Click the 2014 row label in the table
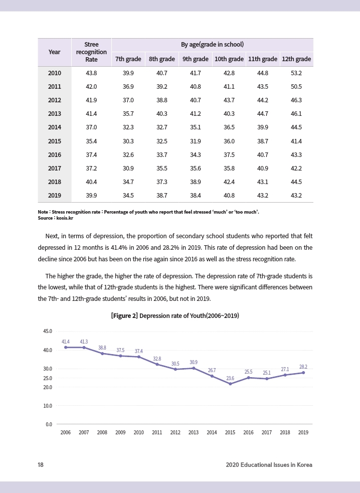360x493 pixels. [x=54, y=127]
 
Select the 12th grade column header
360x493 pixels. [x=296, y=59]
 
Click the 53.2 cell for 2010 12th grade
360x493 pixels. [x=296, y=73]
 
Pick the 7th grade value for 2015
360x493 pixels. [x=127, y=141]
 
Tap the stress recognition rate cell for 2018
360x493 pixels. [x=91, y=182]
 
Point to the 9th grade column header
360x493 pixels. [x=195, y=59]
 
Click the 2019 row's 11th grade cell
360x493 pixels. [x=262, y=195]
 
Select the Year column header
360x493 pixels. [x=54, y=52]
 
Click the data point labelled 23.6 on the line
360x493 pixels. [x=230, y=384]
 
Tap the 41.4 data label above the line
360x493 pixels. [x=66, y=342]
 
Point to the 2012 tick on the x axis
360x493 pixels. [x=175, y=432]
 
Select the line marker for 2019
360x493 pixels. [x=303, y=373]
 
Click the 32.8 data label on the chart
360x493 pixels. [x=157, y=359]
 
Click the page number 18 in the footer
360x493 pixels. [x=41, y=465]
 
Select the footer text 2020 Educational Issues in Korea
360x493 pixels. [x=269, y=465]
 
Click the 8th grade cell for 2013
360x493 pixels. [x=161, y=114]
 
